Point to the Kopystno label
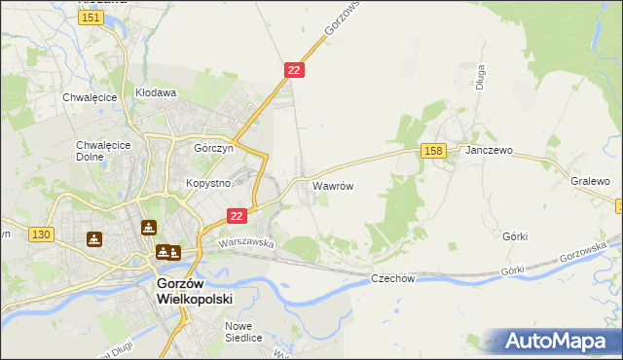pos(206,183)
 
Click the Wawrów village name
pos(332,184)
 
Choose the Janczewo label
pos(489,151)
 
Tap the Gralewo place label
pos(590,181)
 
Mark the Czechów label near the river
pos(393,278)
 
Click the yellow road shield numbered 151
pos(92,18)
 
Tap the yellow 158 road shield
pos(434,150)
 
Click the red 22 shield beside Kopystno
pos(236,215)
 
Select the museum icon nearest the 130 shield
pos(93,238)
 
